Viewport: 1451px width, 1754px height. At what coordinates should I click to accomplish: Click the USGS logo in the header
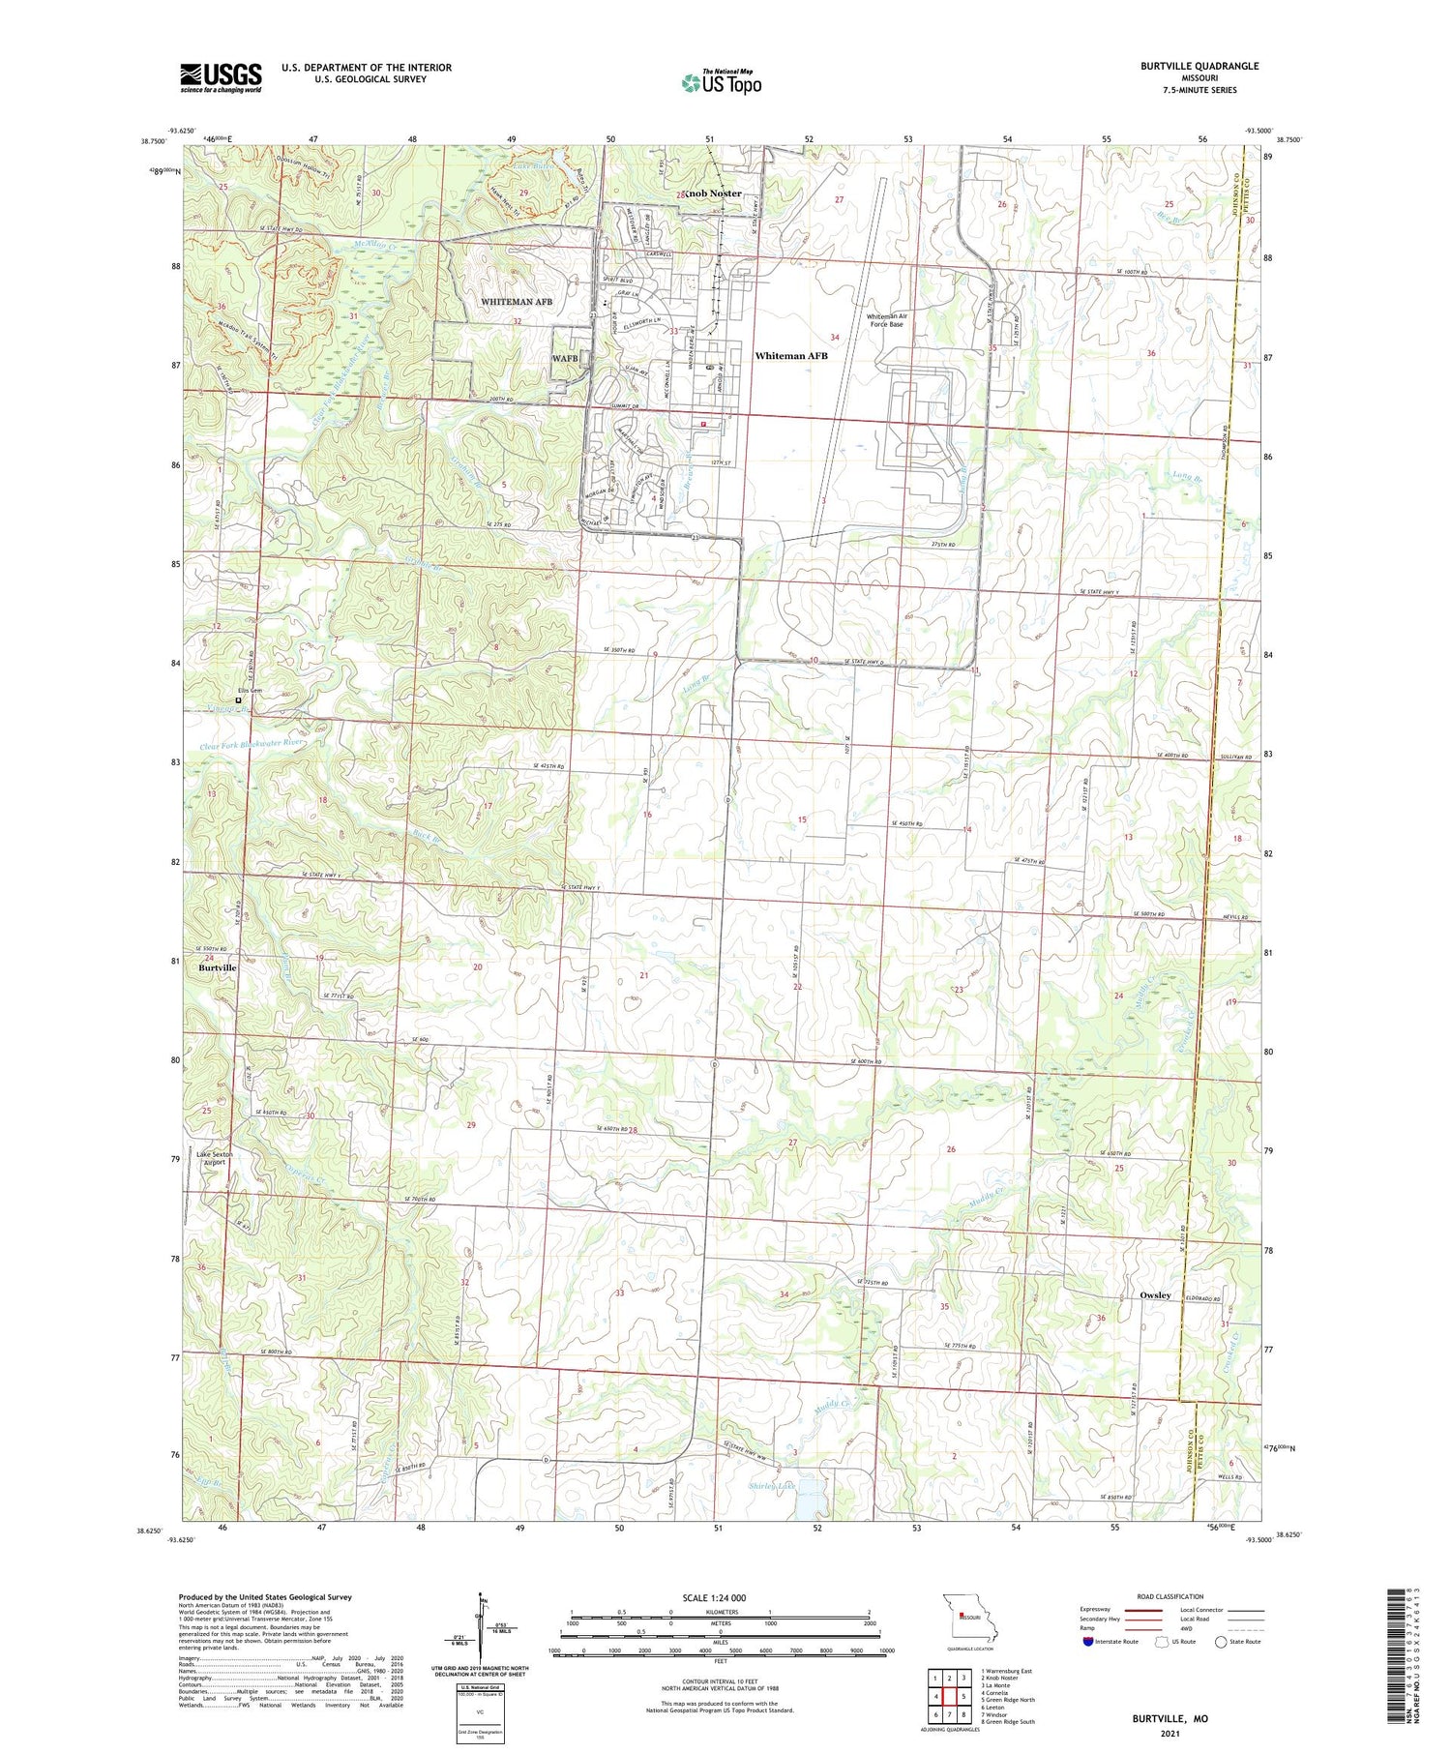click(x=221, y=77)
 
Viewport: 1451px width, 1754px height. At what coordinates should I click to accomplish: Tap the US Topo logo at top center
click(x=721, y=83)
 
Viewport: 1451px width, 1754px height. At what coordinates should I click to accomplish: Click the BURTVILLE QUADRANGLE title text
click(x=1199, y=66)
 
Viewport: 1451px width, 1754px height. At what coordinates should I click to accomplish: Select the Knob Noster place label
click(x=714, y=193)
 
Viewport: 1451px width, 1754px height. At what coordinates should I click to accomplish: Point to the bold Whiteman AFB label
click(x=791, y=356)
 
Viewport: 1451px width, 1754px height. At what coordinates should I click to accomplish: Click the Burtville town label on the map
click(x=218, y=967)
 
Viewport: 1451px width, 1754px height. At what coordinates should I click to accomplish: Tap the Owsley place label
click(x=1155, y=1295)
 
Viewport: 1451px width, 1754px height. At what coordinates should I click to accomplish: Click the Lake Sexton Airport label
click(x=215, y=1158)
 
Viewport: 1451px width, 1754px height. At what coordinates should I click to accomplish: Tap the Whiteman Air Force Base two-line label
click(x=885, y=320)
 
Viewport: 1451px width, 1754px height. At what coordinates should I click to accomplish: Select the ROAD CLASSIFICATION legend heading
click(x=1170, y=1596)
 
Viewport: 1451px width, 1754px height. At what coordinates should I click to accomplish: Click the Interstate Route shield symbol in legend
click(x=1087, y=1642)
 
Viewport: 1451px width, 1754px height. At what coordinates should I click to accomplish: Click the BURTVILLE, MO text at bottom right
click(x=1170, y=1719)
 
